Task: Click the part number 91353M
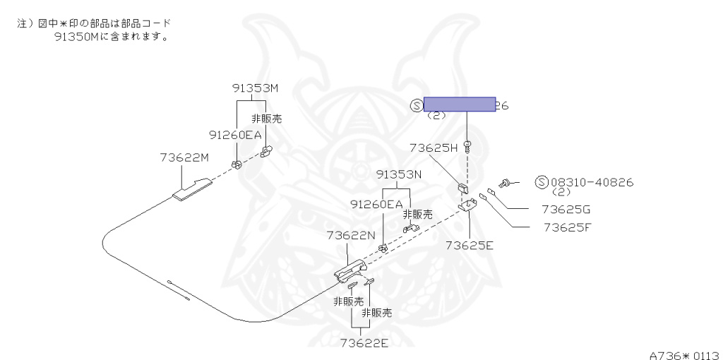(x=255, y=89)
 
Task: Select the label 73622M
(x=184, y=157)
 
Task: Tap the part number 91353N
(x=398, y=174)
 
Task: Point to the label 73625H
(x=434, y=148)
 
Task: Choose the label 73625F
(x=567, y=227)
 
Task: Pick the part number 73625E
(x=469, y=245)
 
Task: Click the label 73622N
(x=351, y=235)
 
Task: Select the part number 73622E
(x=364, y=343)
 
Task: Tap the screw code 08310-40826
(x=592, y=183)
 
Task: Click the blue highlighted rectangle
(x=459, y=105)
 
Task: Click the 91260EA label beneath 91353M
(x=235, y=134)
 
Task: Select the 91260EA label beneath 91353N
(x=376, y=204)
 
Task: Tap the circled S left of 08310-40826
(x=542, y=183)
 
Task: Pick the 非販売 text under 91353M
(x=267, y=119)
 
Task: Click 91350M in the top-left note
(x=78, y=37)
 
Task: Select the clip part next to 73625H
(x=462, y=189)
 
